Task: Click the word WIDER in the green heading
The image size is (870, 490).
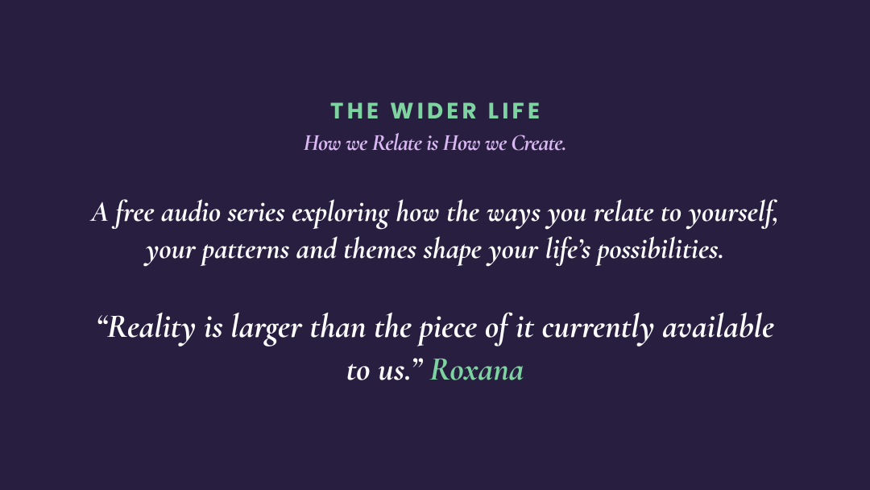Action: (434, 111)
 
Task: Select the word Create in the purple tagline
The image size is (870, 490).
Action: (538, 143)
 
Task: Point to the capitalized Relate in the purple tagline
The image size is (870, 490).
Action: (397, 143)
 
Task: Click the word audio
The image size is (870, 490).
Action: (191, 213)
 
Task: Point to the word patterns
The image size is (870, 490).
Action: (245, 251)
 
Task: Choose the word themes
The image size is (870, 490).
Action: (380, 250)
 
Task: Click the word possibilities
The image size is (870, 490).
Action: (661, 251)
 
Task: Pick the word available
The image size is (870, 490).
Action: (719, 327)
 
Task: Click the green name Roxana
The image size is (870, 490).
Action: (477, 370)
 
